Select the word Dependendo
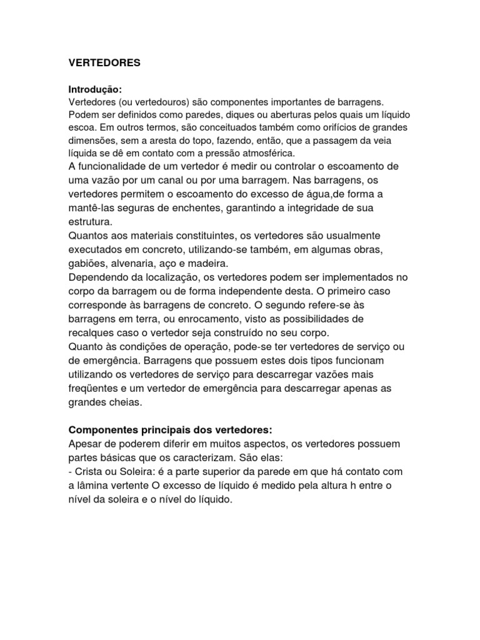coord(96,277)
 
